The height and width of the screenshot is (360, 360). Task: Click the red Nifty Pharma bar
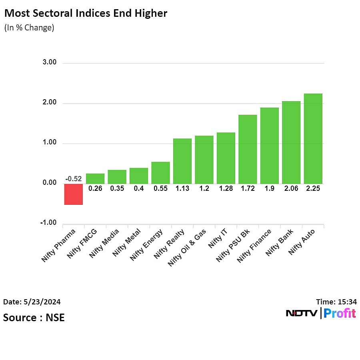(74, 194)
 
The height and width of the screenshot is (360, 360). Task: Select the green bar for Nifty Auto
(313, 138)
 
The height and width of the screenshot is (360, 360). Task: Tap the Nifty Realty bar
(182, 161)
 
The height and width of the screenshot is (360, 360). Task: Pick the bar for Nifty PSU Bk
(248, 149)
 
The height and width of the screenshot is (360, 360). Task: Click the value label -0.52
(74, 179)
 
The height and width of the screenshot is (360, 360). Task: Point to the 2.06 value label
(291, 188)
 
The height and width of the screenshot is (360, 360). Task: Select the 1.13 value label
(182, 188)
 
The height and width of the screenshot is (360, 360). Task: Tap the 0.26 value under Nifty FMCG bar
(95, 188)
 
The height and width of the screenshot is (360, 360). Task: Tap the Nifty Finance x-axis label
(254, 246)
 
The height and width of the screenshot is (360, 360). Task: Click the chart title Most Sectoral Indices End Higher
(86, 13)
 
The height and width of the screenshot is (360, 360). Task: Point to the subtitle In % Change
(29, 28)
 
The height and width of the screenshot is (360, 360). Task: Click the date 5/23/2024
(32, 302)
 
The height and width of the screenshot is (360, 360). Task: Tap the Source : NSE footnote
(34, 318)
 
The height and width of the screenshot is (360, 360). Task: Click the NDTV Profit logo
(321, 313)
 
